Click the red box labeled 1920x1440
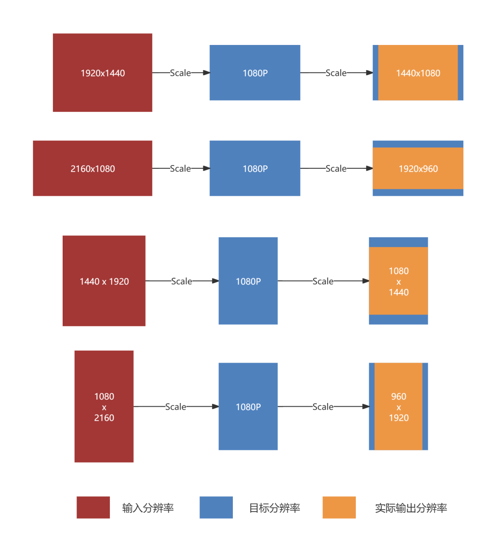(103, 73)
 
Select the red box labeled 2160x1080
(93, 168)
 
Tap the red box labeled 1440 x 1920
(104, 281)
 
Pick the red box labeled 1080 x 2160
(104, 407)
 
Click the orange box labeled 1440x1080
(418, 73)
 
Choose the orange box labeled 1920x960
(418, 168)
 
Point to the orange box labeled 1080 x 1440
(398, 281)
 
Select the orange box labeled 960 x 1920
(398, 407)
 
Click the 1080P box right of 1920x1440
(255, 73)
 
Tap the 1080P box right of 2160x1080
(255, 168)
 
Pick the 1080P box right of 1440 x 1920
(248, 281)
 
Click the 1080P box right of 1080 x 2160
(248, 407)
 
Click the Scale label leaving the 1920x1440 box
(180, 73)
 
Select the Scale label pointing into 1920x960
(336, 168)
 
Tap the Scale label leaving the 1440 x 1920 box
(181, 281)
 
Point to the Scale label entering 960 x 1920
(323, 407)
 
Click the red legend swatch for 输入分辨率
(93, 507)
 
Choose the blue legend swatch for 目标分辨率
(216, 507)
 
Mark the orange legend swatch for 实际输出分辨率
(339, 507)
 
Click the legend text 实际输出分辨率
(411, 508)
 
